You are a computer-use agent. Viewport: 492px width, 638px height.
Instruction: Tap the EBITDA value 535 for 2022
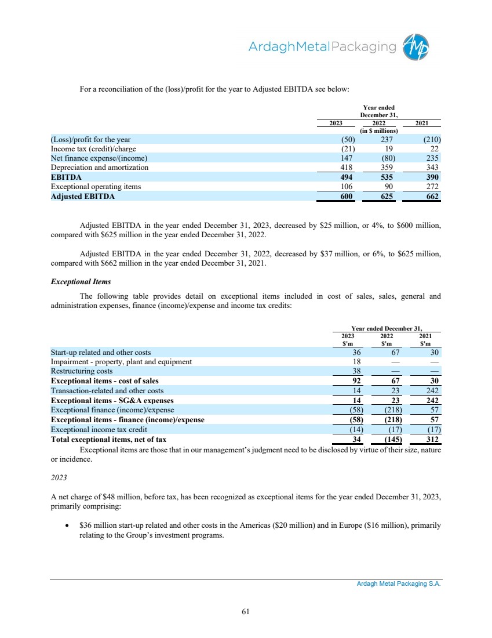pyautogui.click(x=389, y=177)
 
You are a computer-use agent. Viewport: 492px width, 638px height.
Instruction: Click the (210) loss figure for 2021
pyautogui.click(x=429, y=139)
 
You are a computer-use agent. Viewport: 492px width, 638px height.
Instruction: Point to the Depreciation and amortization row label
pyautogui.click(x=100, y=168)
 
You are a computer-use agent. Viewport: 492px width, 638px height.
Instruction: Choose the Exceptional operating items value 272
pyautogui.click(x=431, y=187)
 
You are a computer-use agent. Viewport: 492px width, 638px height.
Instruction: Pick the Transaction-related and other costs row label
pyautogui.click(x=107, y=391)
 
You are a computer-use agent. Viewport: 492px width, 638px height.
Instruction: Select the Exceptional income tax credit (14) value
pyautogui.click(x=353, y=430)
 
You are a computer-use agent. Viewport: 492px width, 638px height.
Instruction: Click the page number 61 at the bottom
pyautogui.click(x=246, y=611)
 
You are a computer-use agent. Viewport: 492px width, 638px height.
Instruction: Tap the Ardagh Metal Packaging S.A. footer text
pyautogui.click(x=399, y=585)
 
